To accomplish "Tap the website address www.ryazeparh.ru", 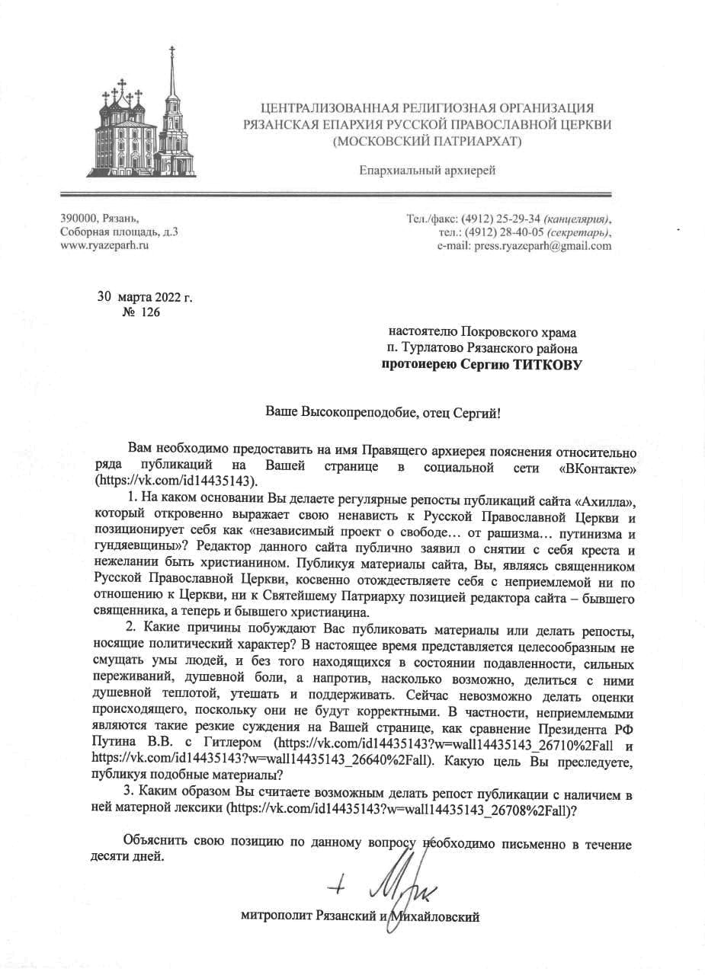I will coord(104,246).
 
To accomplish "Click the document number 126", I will coord(150,313).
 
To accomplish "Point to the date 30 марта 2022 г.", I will coord(145,297).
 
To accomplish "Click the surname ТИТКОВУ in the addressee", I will coord(543,365).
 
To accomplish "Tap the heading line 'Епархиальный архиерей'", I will coord(428,170).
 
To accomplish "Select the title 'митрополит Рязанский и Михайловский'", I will coord(360,916).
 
